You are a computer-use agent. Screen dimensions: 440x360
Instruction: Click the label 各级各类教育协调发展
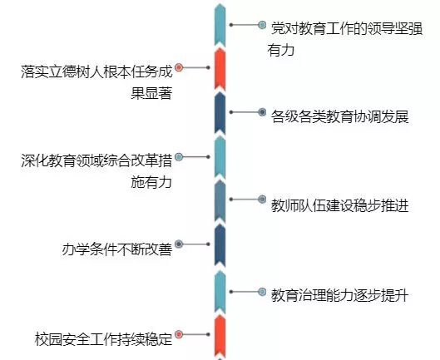339,116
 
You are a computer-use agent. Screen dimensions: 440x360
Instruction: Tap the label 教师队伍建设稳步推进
339,205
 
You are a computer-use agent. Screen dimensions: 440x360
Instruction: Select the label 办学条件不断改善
116,249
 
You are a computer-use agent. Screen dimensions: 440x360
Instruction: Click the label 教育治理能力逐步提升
339,295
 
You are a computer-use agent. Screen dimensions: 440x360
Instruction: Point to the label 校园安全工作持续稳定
103,339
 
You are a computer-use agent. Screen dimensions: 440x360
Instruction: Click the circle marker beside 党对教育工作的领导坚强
262,25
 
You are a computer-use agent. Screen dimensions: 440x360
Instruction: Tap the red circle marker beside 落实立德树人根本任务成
179,67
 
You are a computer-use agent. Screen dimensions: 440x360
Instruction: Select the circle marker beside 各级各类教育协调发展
262,112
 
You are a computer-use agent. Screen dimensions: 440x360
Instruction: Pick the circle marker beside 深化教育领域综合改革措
179,157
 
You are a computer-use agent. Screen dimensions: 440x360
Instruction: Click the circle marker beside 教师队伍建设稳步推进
262,200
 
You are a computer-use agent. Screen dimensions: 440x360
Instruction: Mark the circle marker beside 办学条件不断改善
179,244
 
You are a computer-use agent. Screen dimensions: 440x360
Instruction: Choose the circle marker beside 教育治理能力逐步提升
262,292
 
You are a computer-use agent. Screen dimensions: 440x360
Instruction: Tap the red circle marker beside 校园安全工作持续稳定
179,334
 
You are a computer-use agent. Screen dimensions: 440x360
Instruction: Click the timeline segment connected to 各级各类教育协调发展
220,113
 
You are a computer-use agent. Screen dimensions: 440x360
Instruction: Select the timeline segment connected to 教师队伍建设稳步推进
220,201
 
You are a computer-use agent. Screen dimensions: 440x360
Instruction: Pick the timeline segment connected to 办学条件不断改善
220,245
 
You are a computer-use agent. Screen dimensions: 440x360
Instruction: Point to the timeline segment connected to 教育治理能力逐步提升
220,292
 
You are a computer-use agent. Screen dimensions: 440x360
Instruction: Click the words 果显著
151,93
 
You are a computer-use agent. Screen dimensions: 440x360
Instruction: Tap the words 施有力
151,182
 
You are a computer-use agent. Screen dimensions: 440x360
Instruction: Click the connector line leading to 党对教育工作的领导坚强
245,25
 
